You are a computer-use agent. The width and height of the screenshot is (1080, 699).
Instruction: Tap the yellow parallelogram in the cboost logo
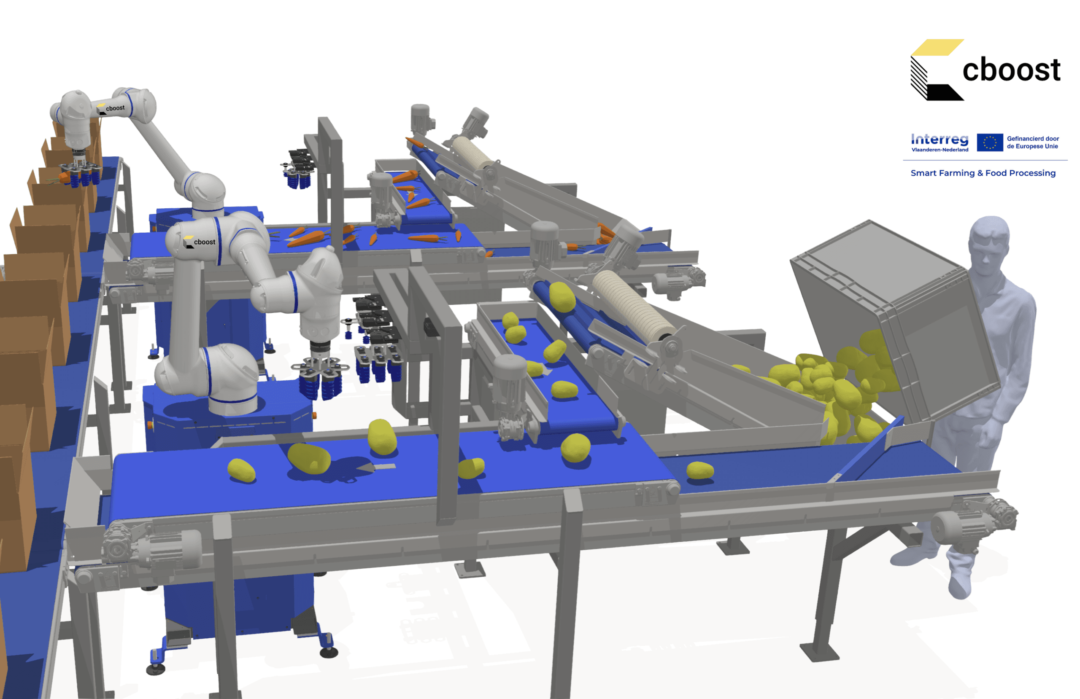tap(937, 48)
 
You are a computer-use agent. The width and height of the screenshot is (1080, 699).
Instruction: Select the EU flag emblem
tap(990, 142)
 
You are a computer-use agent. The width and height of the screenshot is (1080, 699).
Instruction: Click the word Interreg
tap(940, 139)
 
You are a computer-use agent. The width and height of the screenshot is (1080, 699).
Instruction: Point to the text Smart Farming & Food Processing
tap(983, 173)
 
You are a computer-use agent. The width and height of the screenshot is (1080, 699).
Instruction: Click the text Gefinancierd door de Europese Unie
tap(1033, 142)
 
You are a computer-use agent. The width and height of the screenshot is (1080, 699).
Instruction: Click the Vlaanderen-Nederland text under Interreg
tap(940, 150)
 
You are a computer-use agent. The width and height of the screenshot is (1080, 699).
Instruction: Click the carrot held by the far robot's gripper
tap(65, 177)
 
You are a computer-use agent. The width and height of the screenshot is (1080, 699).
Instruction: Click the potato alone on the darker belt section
tap(700, 470)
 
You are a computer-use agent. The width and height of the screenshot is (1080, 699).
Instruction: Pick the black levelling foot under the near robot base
tap(329, 652)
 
